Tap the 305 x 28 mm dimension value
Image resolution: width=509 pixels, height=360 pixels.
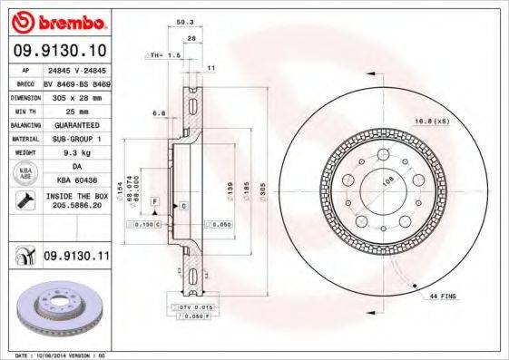[75, 96]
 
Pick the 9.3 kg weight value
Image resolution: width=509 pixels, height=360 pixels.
[75, 153]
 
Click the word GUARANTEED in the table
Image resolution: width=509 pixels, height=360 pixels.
[75, 124]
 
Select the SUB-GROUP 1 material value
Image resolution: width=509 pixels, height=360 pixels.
[75, 139]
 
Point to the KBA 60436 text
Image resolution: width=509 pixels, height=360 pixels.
[75, 181]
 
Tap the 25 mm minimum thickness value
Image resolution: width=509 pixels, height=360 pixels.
[75, 111]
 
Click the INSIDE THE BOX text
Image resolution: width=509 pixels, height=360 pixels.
[76, 197]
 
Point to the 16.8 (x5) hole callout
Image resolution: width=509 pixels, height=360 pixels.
[456, 120]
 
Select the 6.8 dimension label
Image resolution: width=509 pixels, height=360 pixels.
[158, 114]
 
